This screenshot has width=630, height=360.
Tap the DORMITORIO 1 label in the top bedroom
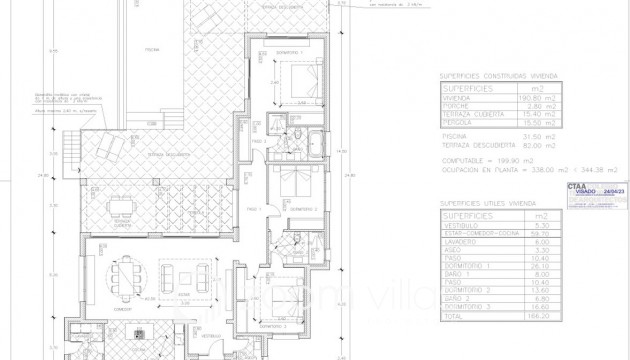tap(289, 52)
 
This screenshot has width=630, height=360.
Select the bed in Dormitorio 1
tap(296, 78)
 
